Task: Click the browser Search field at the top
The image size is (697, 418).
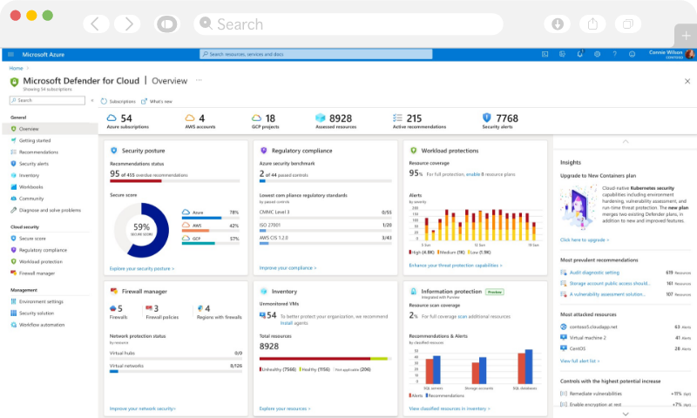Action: pos(348,24)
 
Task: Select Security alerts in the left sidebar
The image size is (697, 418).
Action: pos(34,164)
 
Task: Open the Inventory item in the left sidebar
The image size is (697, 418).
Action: pos(30,175)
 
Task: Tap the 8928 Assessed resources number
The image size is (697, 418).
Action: pos(341,118)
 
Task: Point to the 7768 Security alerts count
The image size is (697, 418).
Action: pos(506,118)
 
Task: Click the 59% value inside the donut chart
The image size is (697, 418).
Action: pos(142,227)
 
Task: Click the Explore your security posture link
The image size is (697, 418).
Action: pos(141,269)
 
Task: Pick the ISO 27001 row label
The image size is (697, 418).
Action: pos(271,225)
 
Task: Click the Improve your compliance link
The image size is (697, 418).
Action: pos(288,268)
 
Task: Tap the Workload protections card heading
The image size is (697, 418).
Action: pos(450,151)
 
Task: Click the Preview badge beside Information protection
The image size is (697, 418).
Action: pos(494,292)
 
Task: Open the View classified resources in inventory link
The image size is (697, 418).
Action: pos(449,408)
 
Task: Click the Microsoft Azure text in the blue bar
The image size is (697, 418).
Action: pos(37,53)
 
